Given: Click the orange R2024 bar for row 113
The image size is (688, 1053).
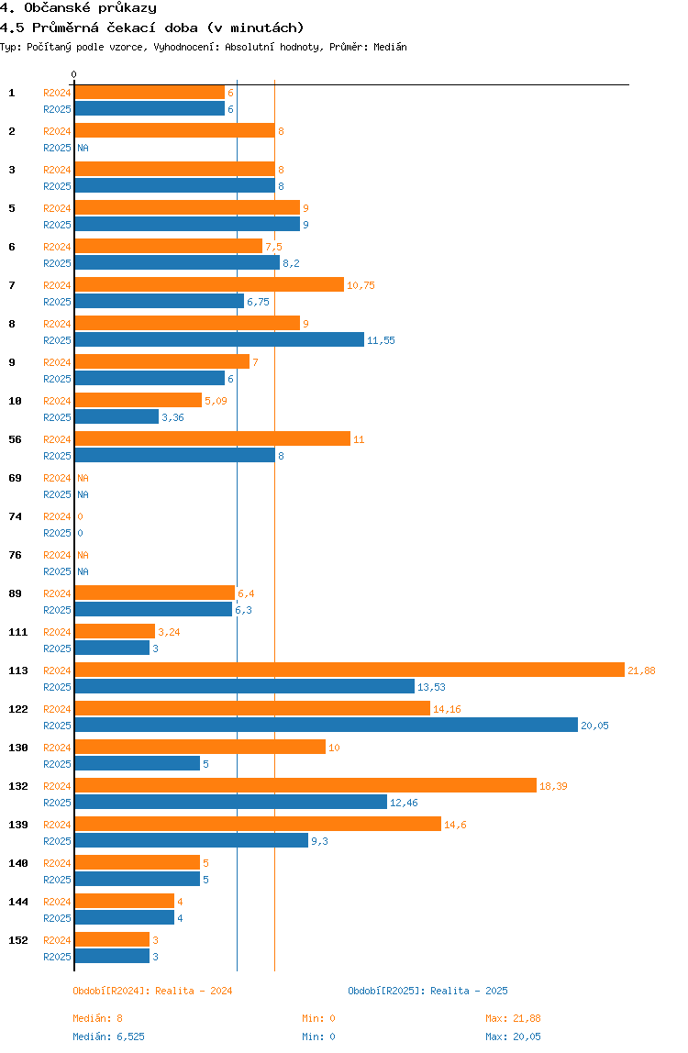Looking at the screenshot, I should [350, 671].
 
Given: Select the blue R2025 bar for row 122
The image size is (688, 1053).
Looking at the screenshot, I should [326, 726].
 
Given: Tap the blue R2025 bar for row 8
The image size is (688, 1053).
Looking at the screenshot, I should [219, 340].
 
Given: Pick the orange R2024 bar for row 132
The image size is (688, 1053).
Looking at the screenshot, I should [305, 786].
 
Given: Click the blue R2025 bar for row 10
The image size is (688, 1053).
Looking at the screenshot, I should [117, 417].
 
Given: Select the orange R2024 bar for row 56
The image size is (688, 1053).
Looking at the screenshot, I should [212, 439].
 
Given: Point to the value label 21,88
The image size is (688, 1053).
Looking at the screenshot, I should [641, 671].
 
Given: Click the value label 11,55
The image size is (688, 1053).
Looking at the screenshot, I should [381, 340].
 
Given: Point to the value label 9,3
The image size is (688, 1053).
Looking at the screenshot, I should [319, 841].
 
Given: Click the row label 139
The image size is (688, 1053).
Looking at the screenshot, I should [18, 825].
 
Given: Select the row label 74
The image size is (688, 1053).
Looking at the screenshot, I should [15, 516].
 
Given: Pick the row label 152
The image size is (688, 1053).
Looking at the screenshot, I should [18, 940].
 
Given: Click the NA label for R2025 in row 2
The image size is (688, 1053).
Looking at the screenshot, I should [83, 148].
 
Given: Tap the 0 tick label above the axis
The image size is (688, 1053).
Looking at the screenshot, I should [74, 75].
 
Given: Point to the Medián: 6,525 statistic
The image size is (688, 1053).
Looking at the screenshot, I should [108, 1036].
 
